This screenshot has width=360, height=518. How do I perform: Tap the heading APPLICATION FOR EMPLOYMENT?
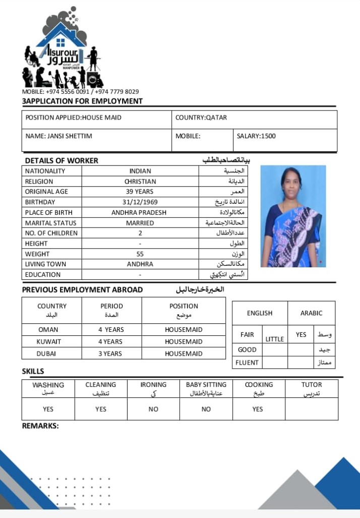click(83, 101)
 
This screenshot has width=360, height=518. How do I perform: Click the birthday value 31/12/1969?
click(140, 202)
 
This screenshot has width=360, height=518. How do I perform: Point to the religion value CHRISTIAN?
click(140, 181)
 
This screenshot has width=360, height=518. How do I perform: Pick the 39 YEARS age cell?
click(140, 192)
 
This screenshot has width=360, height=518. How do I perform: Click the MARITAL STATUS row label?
click(51, 223)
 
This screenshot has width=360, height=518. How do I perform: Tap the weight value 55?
click(140, 254)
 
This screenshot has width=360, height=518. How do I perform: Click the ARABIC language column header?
click(311, 313)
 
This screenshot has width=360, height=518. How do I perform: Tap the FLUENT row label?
click(247, 363)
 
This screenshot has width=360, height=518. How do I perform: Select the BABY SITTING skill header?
click(206, 384)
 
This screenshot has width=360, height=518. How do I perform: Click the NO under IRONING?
click(153, 409)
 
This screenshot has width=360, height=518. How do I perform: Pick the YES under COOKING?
click(258, 409)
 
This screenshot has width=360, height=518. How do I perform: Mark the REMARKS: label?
click(40, 426)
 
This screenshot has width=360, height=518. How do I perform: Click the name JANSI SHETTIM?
click(59, 136)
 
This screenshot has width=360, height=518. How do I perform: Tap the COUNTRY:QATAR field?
click(201, 118)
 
